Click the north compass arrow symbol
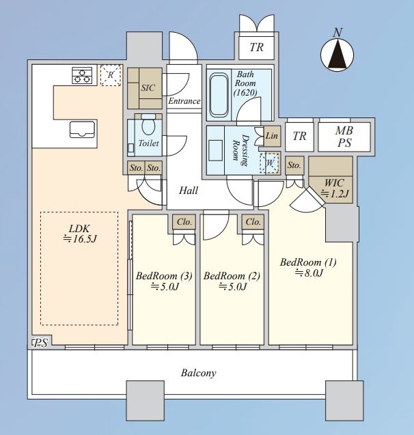pos(337,55)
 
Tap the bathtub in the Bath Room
pos(219,95)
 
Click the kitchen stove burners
pos(82,75)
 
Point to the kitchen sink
pos(82,130)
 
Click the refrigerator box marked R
pos(111,75)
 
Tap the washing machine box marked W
pos(269,163)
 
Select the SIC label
pos(148,88)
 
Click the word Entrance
pos(184,101)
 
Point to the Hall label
pos(189,191)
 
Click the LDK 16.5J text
pos(80,234)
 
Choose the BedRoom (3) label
pos(164,276)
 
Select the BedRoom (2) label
pos(232,276)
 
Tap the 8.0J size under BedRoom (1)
pos(309,273)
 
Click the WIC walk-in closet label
pos(334,183)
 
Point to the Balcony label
pos(198,373)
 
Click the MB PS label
pos(344,137)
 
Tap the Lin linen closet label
pos(272,136)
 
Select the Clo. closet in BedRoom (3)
pos(184,222)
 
